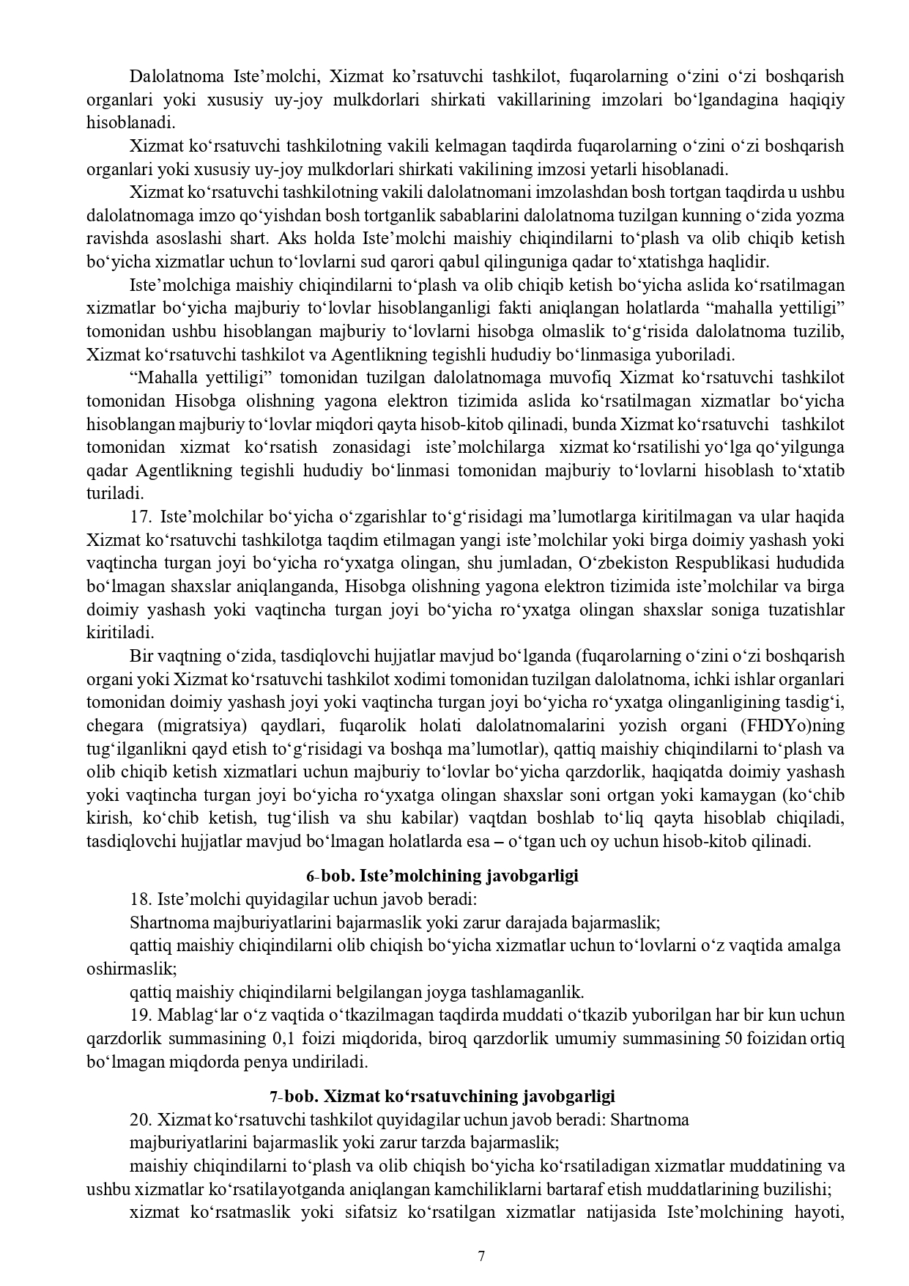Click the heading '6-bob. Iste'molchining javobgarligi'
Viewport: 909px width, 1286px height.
click(442, 876)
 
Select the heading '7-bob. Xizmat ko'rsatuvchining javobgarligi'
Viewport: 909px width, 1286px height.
click(442, 1096)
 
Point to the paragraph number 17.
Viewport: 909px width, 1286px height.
click(141, 517)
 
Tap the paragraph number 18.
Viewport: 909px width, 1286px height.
click(141, 899)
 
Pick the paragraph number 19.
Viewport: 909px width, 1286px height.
click(141, 1015)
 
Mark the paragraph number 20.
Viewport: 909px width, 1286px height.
click(141, 1120)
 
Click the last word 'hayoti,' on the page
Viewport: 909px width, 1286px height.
click(819, 1212)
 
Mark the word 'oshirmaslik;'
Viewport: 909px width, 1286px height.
click(132, 969)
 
